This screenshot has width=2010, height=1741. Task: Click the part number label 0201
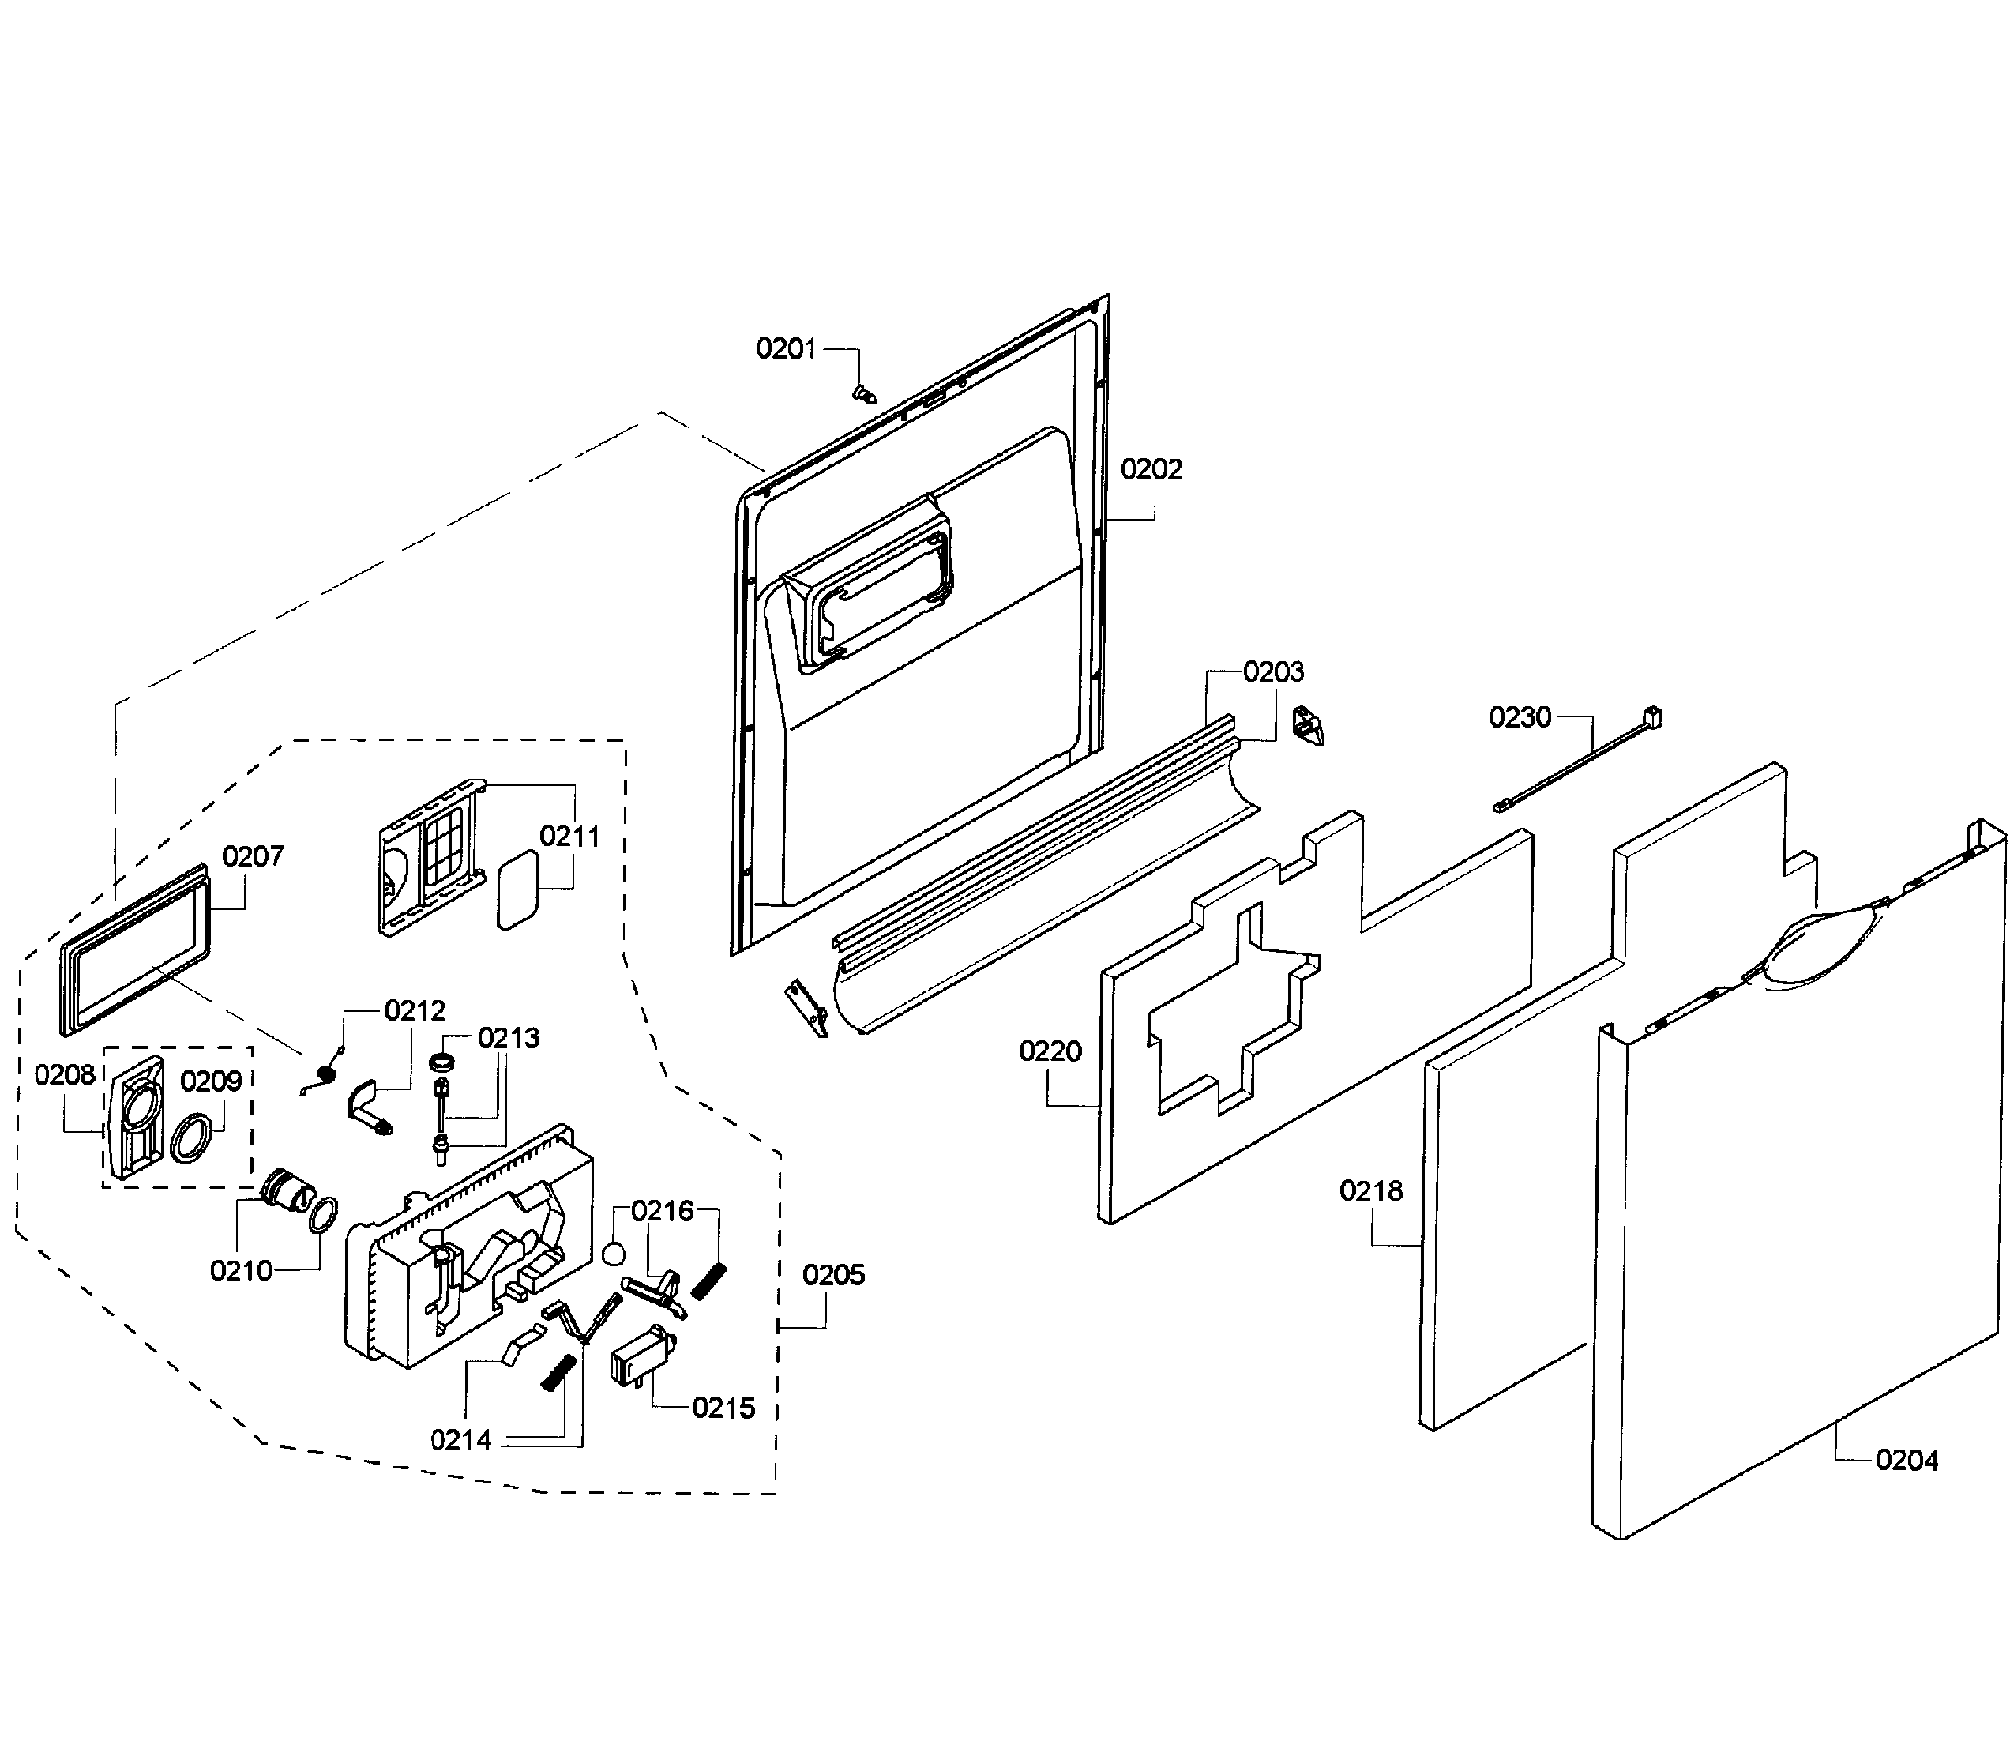point(785,349)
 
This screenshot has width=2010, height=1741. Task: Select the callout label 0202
point(1152,469)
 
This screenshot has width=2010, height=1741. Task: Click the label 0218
point(1371,1191)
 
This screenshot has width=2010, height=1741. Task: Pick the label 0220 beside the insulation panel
point(1050,1051)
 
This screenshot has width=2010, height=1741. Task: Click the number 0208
point(65,1074)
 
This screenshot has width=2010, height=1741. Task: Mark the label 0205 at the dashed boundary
point(832,1275)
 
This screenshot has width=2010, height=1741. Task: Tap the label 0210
point(241,1271)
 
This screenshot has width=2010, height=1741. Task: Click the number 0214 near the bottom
point(460,1440)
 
